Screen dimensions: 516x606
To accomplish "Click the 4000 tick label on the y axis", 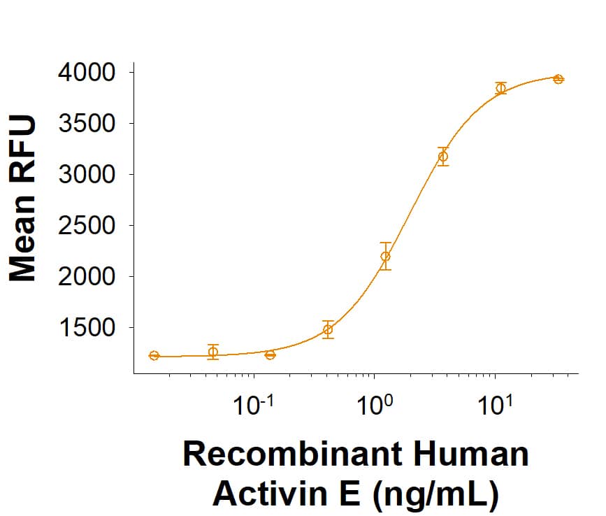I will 87,73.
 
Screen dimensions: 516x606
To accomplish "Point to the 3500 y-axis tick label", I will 87,124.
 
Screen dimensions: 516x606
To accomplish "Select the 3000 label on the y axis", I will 87,175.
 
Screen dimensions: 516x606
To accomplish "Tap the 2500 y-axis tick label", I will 87,226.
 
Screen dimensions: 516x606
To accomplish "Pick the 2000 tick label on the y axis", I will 87,277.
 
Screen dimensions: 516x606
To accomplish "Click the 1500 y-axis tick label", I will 87,328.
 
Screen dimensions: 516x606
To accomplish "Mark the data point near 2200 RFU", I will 386,256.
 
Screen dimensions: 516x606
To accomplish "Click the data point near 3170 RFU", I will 442,157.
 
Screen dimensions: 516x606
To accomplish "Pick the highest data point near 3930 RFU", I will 558,79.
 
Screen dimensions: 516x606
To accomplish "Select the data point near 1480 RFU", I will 328,329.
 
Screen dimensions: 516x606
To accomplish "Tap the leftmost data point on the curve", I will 154,356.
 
